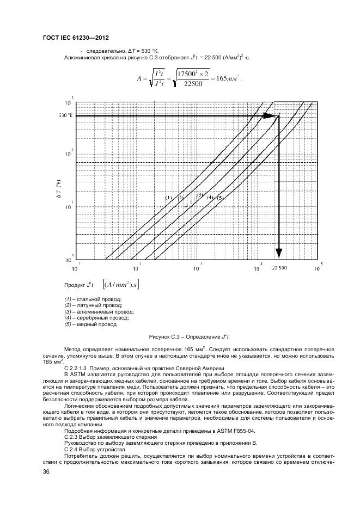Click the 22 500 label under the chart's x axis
tap(279, 268)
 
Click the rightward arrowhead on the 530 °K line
tap(270, 115)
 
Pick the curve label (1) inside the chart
tap(168, 198)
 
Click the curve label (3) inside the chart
tap(200, 195)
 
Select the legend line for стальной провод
tap(93, 299)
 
